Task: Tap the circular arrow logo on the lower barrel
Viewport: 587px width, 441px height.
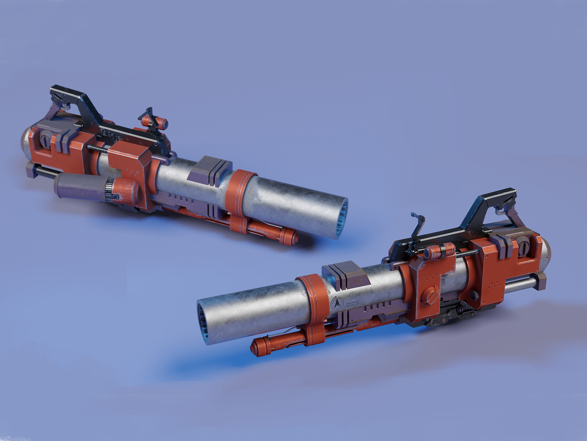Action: pos(337,303)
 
